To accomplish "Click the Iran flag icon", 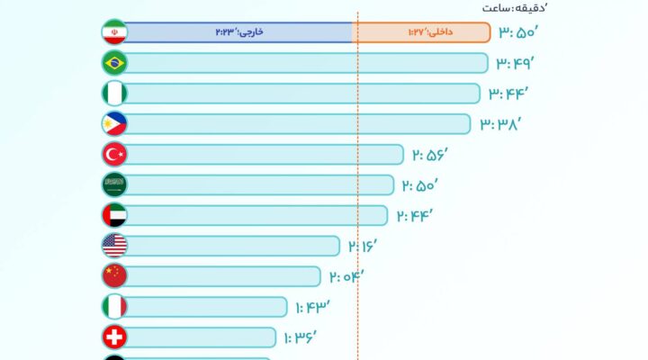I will [x=114, y=32].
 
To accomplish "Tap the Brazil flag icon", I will [x=114, y=63].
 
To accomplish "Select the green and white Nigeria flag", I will [x=114, y=94].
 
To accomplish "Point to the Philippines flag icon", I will [x=114, y=124].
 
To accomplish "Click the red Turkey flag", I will [x=114, y=155].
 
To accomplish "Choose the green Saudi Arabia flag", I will [x=114, y=184].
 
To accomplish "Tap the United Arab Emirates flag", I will [x=114, y=215].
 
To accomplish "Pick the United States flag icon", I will [x=114, y=246].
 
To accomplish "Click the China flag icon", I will [x=114, y=275].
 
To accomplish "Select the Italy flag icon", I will [x=114, y=307].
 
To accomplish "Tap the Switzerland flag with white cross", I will [x=114, y=337].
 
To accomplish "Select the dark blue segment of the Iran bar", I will [x=238, y=32].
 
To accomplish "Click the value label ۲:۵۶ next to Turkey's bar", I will [x=430, y=155].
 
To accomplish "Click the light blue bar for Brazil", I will [x=306, y=63].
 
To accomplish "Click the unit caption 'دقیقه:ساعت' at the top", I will [x=511, y=8].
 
